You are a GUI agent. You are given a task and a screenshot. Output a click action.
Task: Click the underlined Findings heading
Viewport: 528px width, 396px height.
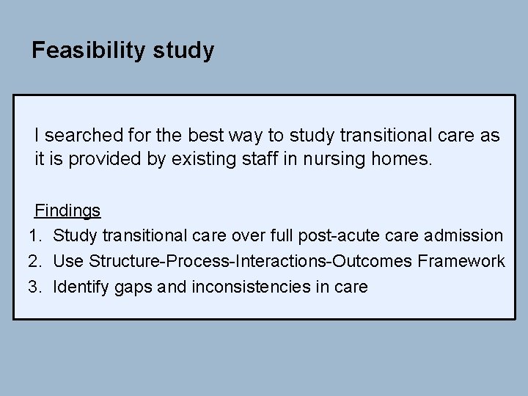click(x=67, y=211)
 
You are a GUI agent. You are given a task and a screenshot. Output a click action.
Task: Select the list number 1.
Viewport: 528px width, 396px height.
click(x=34, y=236)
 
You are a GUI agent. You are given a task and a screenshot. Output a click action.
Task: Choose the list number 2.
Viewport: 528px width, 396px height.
click(x=34, y=261)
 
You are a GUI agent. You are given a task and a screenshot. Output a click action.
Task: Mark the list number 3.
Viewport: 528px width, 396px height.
click(x=34, y=287)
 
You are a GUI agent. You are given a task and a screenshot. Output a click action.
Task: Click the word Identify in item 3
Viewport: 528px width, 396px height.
click(x=81, y=287)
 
